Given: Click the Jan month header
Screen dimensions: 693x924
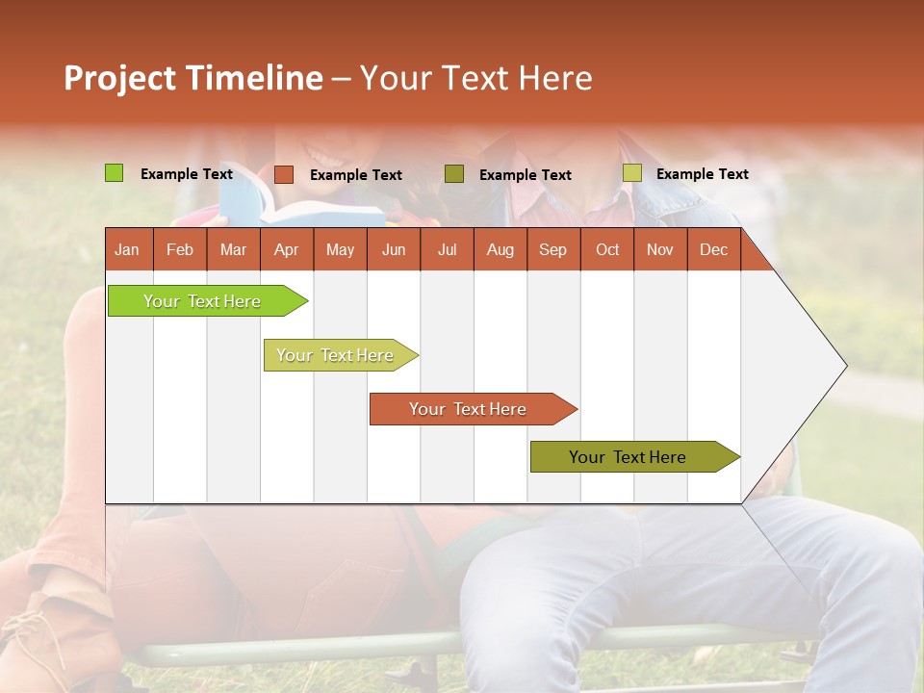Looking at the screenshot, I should [127, 250].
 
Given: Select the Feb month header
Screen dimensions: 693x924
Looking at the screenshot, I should [180, 250].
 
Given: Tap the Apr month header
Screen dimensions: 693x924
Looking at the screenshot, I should [286, 250].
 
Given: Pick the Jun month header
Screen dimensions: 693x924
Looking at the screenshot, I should [394, 250].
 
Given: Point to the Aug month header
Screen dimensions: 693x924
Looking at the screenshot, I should [500, 250].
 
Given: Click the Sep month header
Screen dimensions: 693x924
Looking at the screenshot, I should [552, 250].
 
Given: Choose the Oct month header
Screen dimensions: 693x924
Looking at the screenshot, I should [607, 250].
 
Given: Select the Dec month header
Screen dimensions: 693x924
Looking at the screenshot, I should [713, 250].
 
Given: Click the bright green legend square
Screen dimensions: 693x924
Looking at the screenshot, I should [114, 173].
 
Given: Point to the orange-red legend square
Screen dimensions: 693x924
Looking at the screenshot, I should [283, 174].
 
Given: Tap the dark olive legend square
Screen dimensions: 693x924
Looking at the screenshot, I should [454, 174].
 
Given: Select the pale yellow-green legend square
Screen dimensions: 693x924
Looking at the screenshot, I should [631, 173].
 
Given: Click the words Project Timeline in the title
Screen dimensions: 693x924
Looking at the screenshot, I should [193, 78].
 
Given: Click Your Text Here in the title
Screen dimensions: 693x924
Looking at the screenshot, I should [475, 78].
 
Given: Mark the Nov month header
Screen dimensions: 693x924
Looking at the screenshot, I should [660, 250].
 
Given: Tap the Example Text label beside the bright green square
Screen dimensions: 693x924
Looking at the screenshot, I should [187, 174].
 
